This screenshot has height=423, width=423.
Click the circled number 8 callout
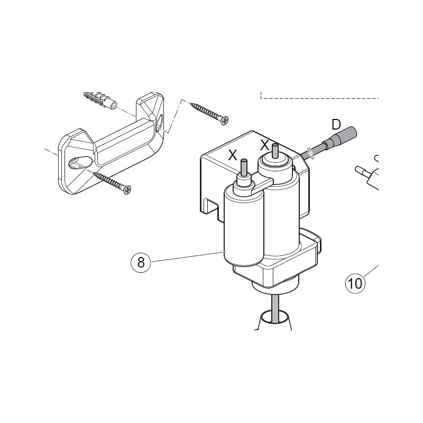tap(141, 262)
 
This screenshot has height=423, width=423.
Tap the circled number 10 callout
tap(355, 283)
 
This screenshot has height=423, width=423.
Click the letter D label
tap(336, 125)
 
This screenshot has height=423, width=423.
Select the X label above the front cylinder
tap(233, 155)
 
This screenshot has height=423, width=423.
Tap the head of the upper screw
tap(224, 121)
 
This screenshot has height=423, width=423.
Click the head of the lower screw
tap(127, 190)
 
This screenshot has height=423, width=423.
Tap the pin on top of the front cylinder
tap(244, 168)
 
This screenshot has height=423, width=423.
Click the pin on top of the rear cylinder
tap(275, 151)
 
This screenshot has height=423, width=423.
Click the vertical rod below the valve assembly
tap(275, 308)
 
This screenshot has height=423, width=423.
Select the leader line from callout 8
tap(188, 256)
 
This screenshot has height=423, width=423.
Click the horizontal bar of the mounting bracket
tap(125, 143)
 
